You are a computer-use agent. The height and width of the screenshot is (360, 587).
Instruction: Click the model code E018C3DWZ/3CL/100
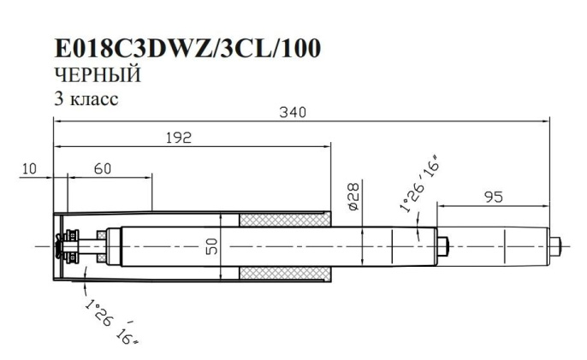click(x=187, y=49)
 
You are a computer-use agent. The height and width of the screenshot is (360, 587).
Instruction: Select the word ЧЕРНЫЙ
click(x=97, y=75)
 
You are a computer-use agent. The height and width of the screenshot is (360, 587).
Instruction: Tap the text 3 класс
click(x=86, y=98)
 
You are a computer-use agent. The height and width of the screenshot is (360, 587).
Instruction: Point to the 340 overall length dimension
click(x=291, y=112)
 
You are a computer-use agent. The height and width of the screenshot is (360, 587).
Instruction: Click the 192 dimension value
click(x=177, y=138)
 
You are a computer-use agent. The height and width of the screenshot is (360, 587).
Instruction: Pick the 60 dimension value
click(x=103, y=168)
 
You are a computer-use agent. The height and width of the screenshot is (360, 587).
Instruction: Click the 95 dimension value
click(x=493, y=196)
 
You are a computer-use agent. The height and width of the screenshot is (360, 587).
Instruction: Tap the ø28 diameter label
click(x=353, y=196)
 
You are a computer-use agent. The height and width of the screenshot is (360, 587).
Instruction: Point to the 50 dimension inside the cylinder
click(x=210, y=247)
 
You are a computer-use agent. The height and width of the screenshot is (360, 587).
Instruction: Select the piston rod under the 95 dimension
click(x=496, y=246)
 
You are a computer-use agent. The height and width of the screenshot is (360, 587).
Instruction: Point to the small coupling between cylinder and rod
click(x=444, y=246)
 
